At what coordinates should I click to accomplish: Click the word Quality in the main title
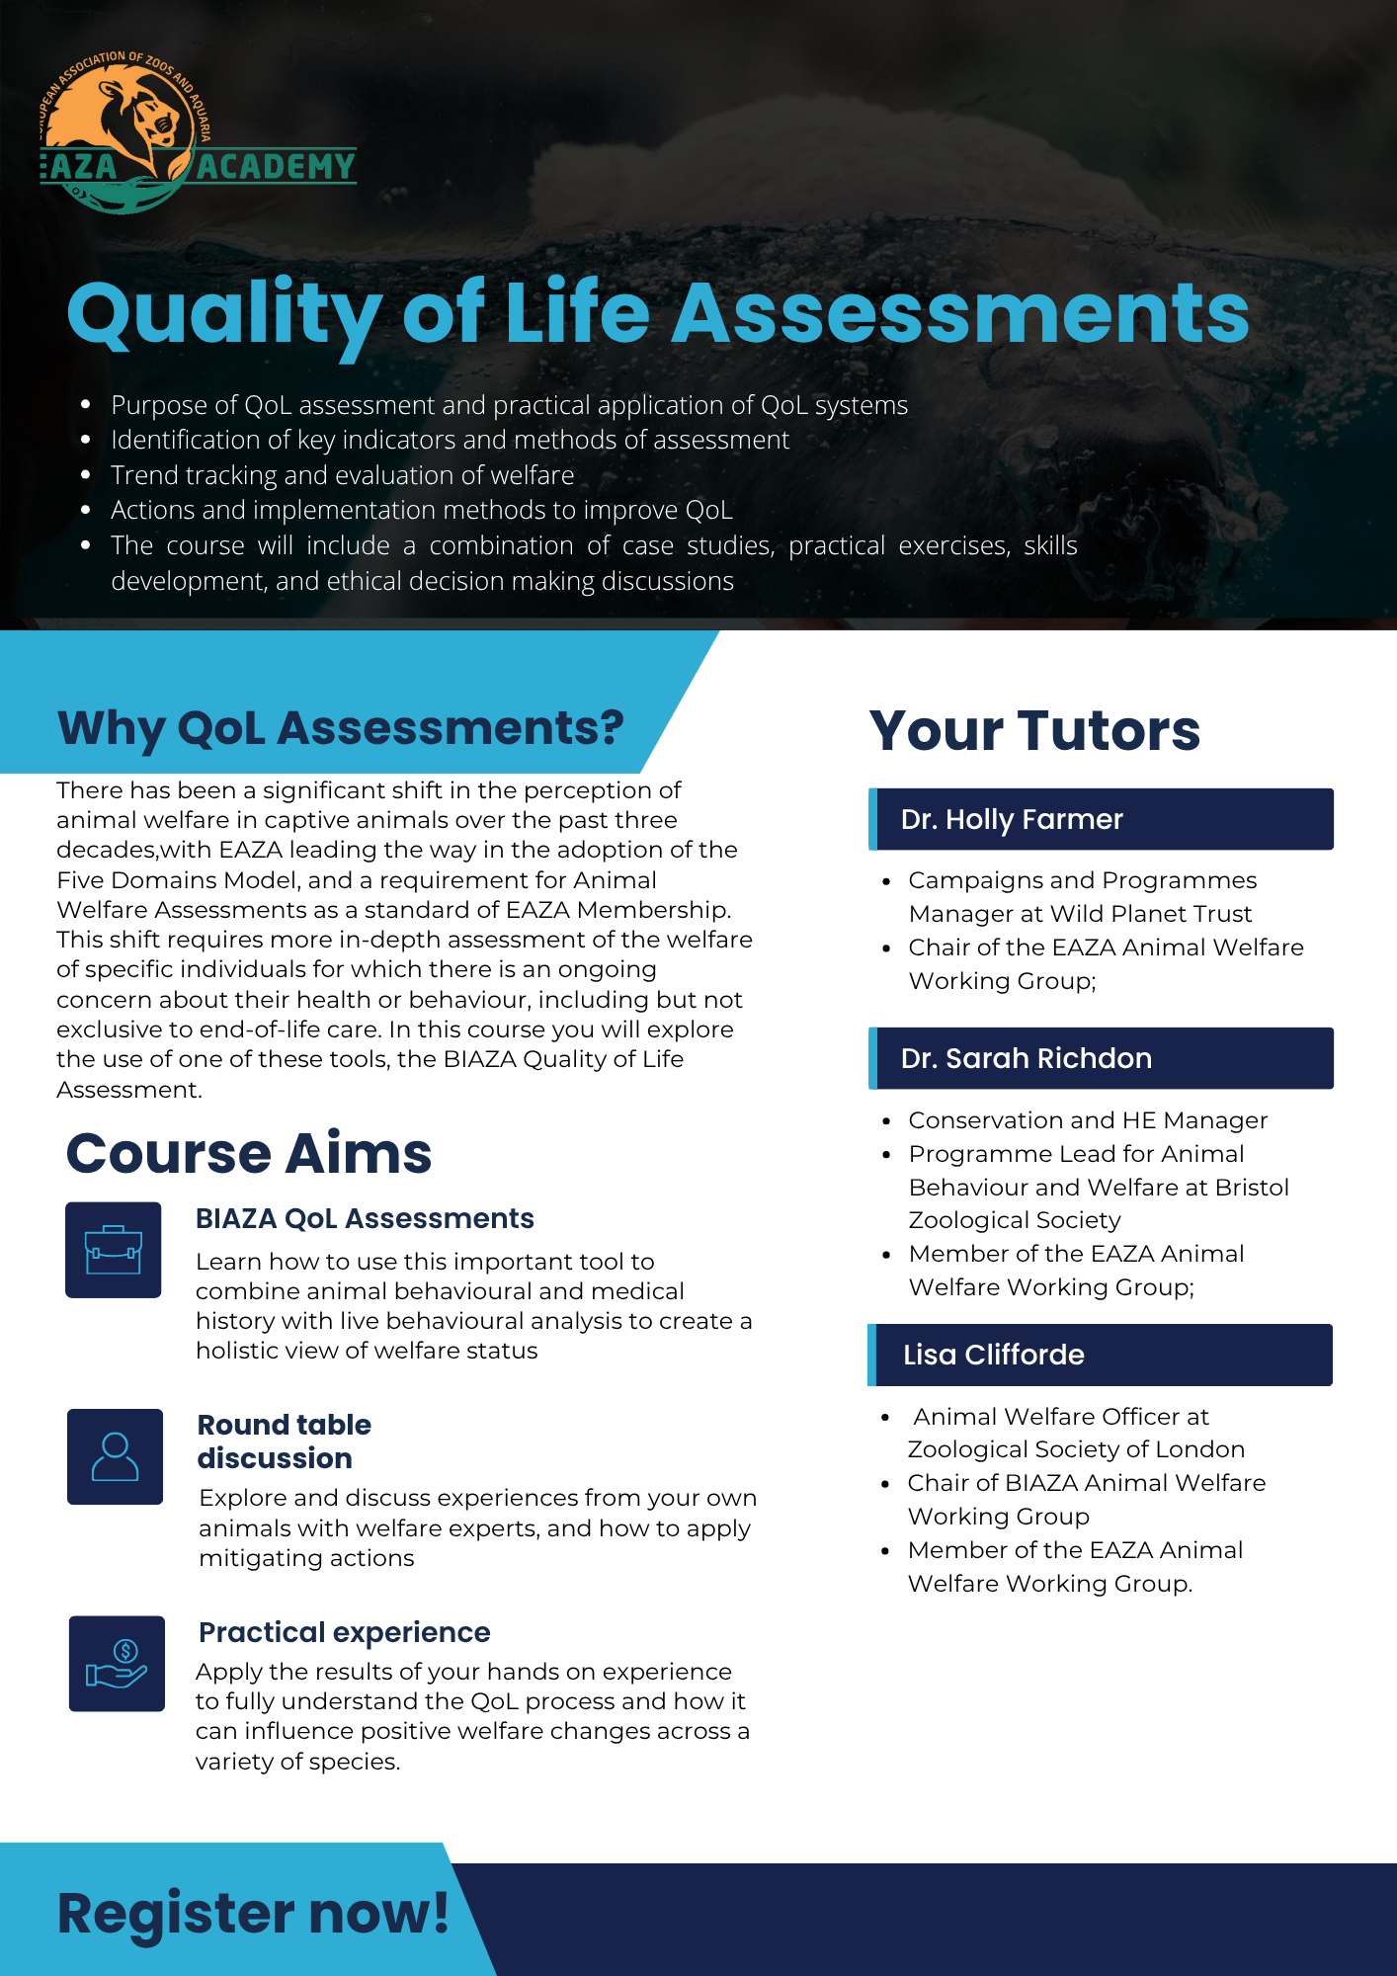pyautogui.click(x=223, y=314)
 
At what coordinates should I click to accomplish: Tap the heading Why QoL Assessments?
pyautogui.click(x=340, y=728)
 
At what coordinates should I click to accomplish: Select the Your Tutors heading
pyautogui.click(x=1034, y=731)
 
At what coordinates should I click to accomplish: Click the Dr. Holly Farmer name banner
pyautogui.click(x=1101, y=819)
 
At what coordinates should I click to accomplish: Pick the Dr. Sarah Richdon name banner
pyautogui.click(x=1101, y=1058)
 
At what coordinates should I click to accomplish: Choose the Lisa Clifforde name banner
pyautogui.click(x=1100, y=1355)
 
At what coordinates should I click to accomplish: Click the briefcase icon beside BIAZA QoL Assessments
pyautogui.click(x=114, y=1250)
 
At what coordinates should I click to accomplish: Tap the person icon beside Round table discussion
pyautogui.click(x=115, y=1456)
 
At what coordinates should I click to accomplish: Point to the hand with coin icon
pyautogui.click(x=117, y=1663)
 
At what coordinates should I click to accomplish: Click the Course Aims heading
pyautogui.click(x=249, y=1153)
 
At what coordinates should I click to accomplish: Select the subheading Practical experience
pyautogui.click(x=344, y=1632)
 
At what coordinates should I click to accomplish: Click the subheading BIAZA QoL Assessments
pyautogui.click(x=365, y=1218)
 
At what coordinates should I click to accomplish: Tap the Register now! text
pyautogui.click(x=253, y=1913)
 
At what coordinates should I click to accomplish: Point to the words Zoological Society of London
pyautogui.click(x=1076, y=1449)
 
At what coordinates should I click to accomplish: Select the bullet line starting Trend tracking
pyautogui.click(x=342, y=475)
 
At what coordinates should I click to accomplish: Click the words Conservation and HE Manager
pyautogui.click(x=1088, y=1120)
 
